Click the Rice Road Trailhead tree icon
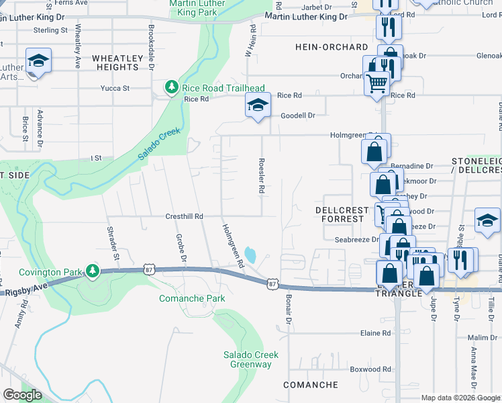[x=172, y=87]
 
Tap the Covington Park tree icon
[x=93, y=271]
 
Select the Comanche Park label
[x=183, y=297]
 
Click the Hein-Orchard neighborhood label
[x=332, y=47]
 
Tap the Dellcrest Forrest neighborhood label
[x=342, y=214]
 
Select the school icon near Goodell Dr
[x=257, y=105]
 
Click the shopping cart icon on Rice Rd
[x=377, y=84]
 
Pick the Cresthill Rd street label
[x=184, y=216]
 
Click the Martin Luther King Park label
[x=197, y=7]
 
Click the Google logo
[x=22, y=395]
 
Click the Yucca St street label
[x=115, y=88]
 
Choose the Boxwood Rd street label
[x=370, y=369]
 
